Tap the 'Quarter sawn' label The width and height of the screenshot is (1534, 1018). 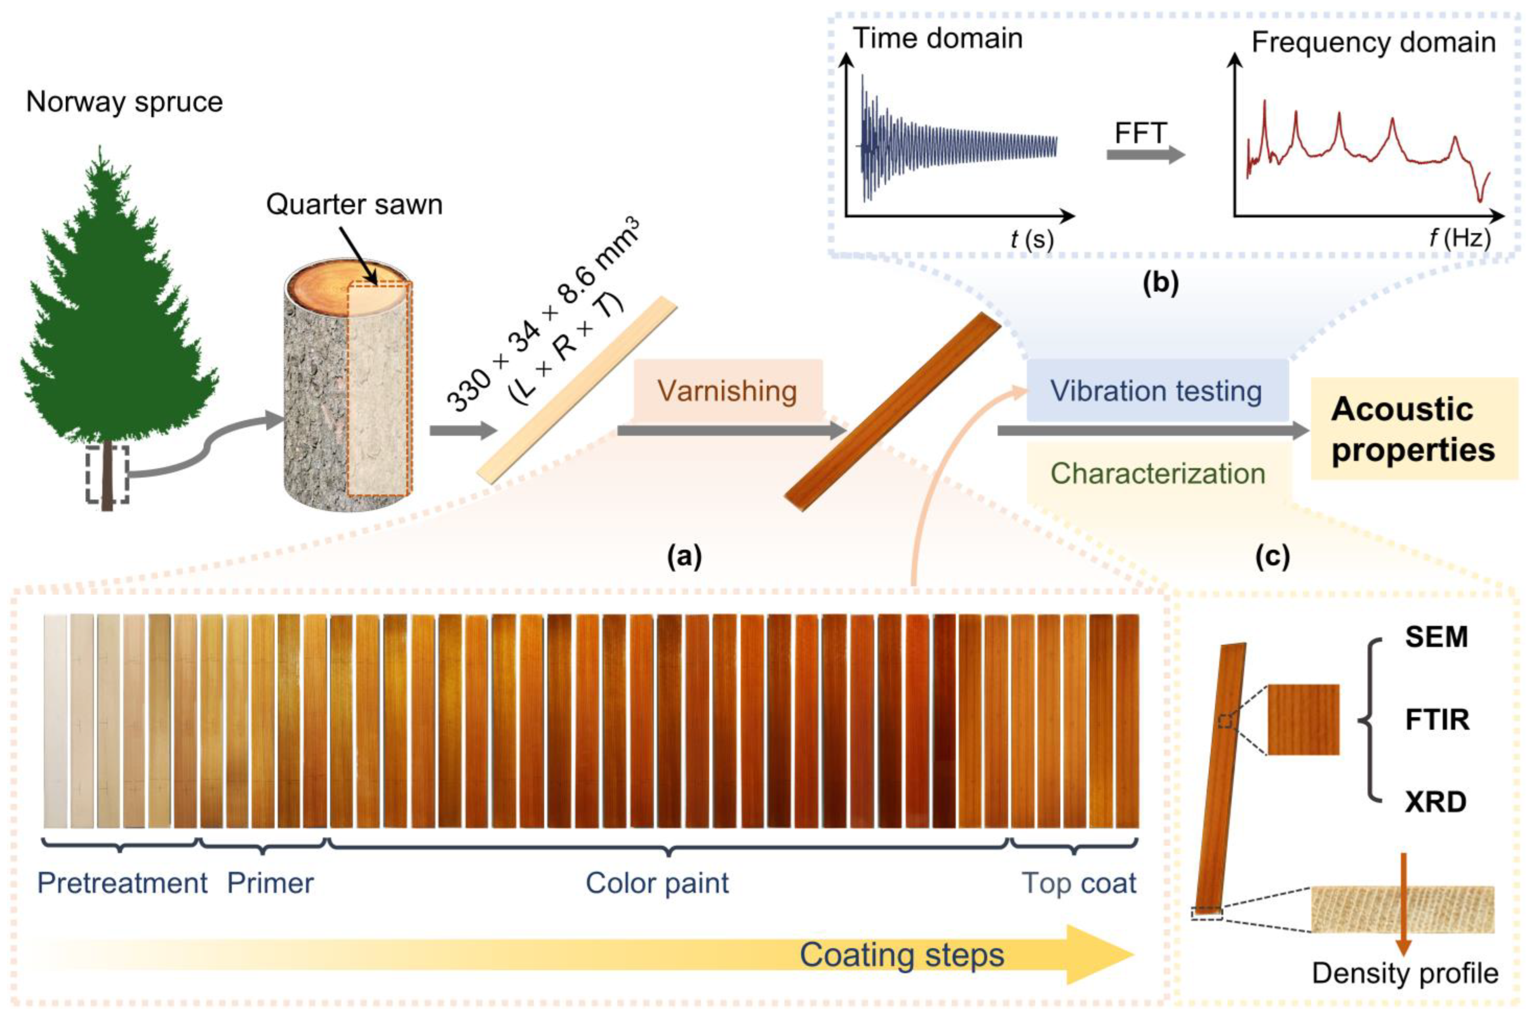tap(354, 205)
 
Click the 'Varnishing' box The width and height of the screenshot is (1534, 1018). tap(727, 391)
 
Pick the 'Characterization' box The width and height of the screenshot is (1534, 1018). tap(1158, 473)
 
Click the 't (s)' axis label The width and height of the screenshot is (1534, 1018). tap(1032, 239)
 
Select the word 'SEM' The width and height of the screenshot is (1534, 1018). tap(1436, 637)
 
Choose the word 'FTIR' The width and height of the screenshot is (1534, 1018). tap(1437, 720)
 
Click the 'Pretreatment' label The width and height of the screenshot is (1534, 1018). tap(122, 884)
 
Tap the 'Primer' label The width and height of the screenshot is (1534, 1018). tap(270, 884)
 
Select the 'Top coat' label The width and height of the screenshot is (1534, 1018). tap(1078, 884)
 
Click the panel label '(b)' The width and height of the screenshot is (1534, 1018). tap(1160, 284)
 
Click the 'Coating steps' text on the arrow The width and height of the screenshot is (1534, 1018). tap(901, 955)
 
